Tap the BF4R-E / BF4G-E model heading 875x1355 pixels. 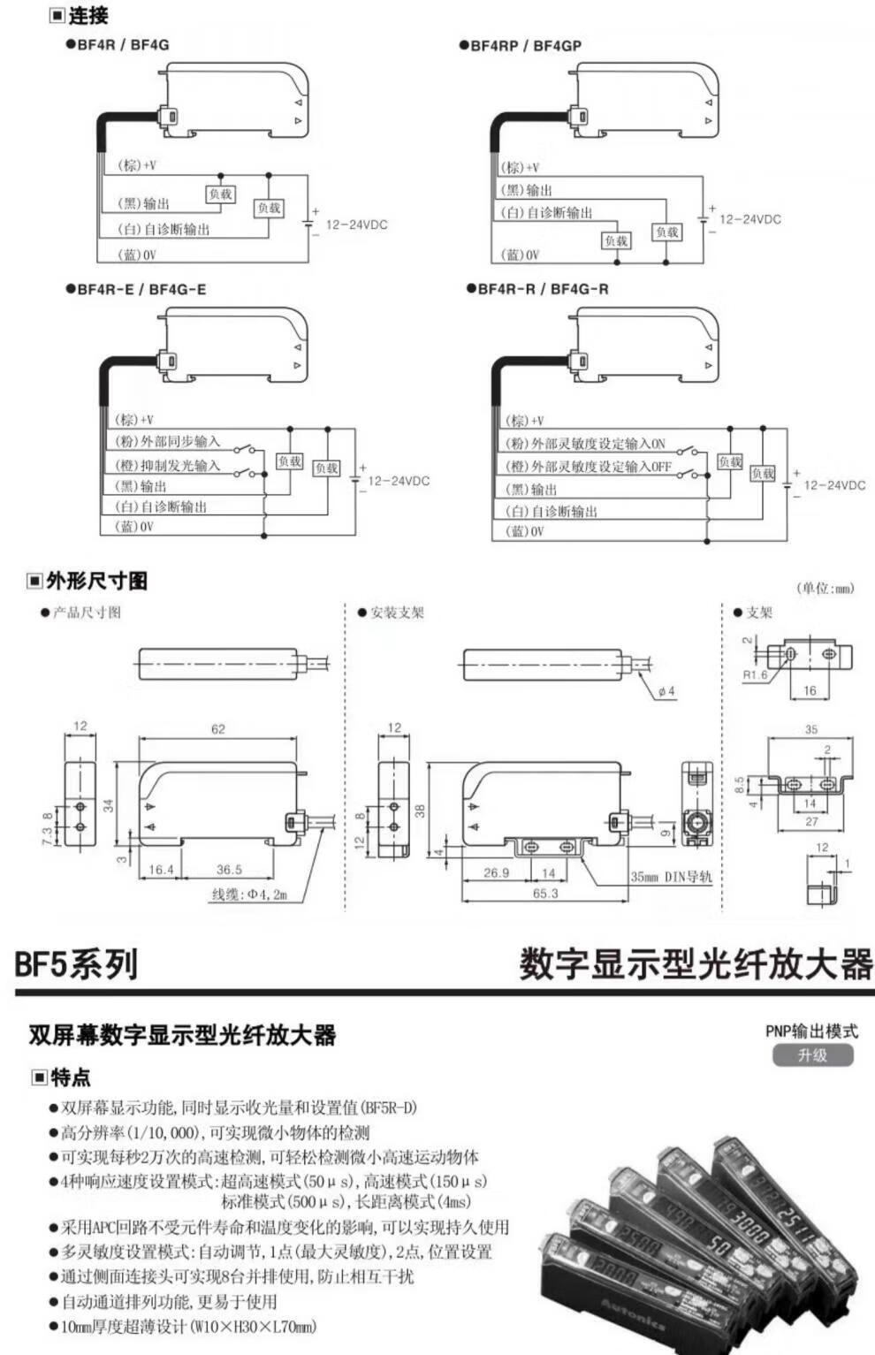coord(141,289)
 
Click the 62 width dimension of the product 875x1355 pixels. coord(218,729)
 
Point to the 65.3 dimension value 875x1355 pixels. coord(545,894)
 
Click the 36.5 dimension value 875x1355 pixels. coord(229,870)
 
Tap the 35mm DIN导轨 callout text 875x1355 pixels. coord(671,877)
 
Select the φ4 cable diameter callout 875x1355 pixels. coord(666,691)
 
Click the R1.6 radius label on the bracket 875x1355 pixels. coord(755,675)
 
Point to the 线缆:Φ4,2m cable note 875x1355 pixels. coord(250,894)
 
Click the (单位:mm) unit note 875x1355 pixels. coord(826,589)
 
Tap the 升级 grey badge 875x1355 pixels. coord(812,1055)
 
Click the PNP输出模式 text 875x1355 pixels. coord(811,1031)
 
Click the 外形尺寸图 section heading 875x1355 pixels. coord(96,581)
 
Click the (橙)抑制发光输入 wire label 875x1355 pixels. coord(167,465)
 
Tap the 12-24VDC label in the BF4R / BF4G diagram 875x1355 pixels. coord(356,225)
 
